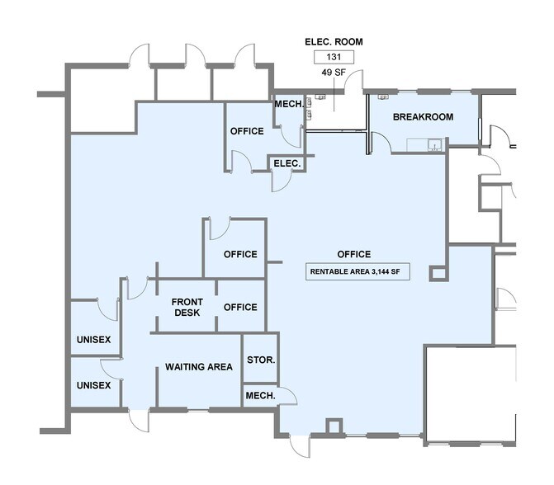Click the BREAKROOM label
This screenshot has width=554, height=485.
tap(423, 117)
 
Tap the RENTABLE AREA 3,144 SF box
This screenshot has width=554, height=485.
tap(357, 271)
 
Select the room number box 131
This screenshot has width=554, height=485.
tap(334, 57)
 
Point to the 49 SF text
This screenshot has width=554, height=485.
tap(334, 73)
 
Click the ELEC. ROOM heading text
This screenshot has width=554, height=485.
tap(334, 41)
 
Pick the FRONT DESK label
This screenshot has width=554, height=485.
tap(187, 307)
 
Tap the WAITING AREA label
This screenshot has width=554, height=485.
tap(198, 367)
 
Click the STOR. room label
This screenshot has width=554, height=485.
tap(261, 360)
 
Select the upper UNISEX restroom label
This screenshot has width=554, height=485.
tap(93, 340)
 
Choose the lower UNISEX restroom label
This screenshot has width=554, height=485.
tap(93, 385)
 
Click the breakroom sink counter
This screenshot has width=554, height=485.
tap(424, 145)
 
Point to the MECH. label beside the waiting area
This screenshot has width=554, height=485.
tap(260, 396)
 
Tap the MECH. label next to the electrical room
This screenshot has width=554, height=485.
tap(289, 104)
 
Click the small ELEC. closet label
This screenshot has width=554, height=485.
tap(286, 163)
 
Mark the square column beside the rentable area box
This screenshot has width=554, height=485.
tap(438, 273)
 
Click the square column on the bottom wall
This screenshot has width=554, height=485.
tap(334, 426)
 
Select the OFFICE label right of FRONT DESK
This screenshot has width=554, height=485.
tap(240, 307)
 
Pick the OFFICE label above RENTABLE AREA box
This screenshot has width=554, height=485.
tap(354, 254)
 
